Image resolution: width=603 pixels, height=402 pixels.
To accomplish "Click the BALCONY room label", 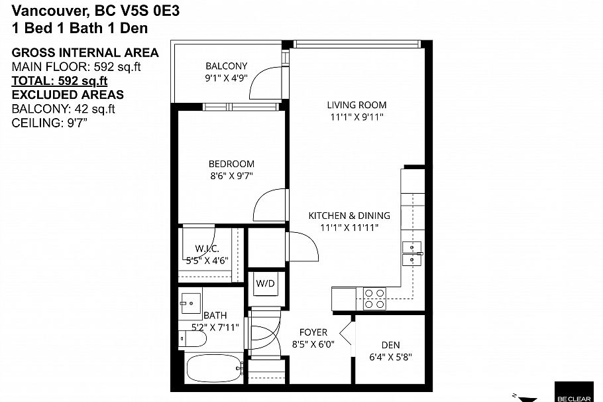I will (x=226, y=66).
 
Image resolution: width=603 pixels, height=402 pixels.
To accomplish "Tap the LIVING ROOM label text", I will (x=356, y=105).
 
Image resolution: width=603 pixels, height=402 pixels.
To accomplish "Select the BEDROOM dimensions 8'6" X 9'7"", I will (x=231, y=176).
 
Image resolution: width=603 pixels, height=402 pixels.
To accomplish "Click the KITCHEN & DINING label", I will (x=349, y=216).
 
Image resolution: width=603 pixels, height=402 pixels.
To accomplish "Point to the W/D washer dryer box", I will (x=266, y=284).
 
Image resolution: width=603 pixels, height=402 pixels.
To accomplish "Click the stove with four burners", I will (x=374, y=299).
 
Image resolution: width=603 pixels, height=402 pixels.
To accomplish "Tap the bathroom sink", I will (x=191, y=303).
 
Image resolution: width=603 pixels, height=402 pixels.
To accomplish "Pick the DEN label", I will (x=390, y=345).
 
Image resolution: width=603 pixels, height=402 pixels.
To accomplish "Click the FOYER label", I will (x=313, y=332).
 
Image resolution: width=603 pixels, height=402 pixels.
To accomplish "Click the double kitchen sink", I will (x=412, y=253).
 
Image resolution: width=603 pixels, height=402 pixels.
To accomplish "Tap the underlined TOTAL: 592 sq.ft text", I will (x=60, y=81).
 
